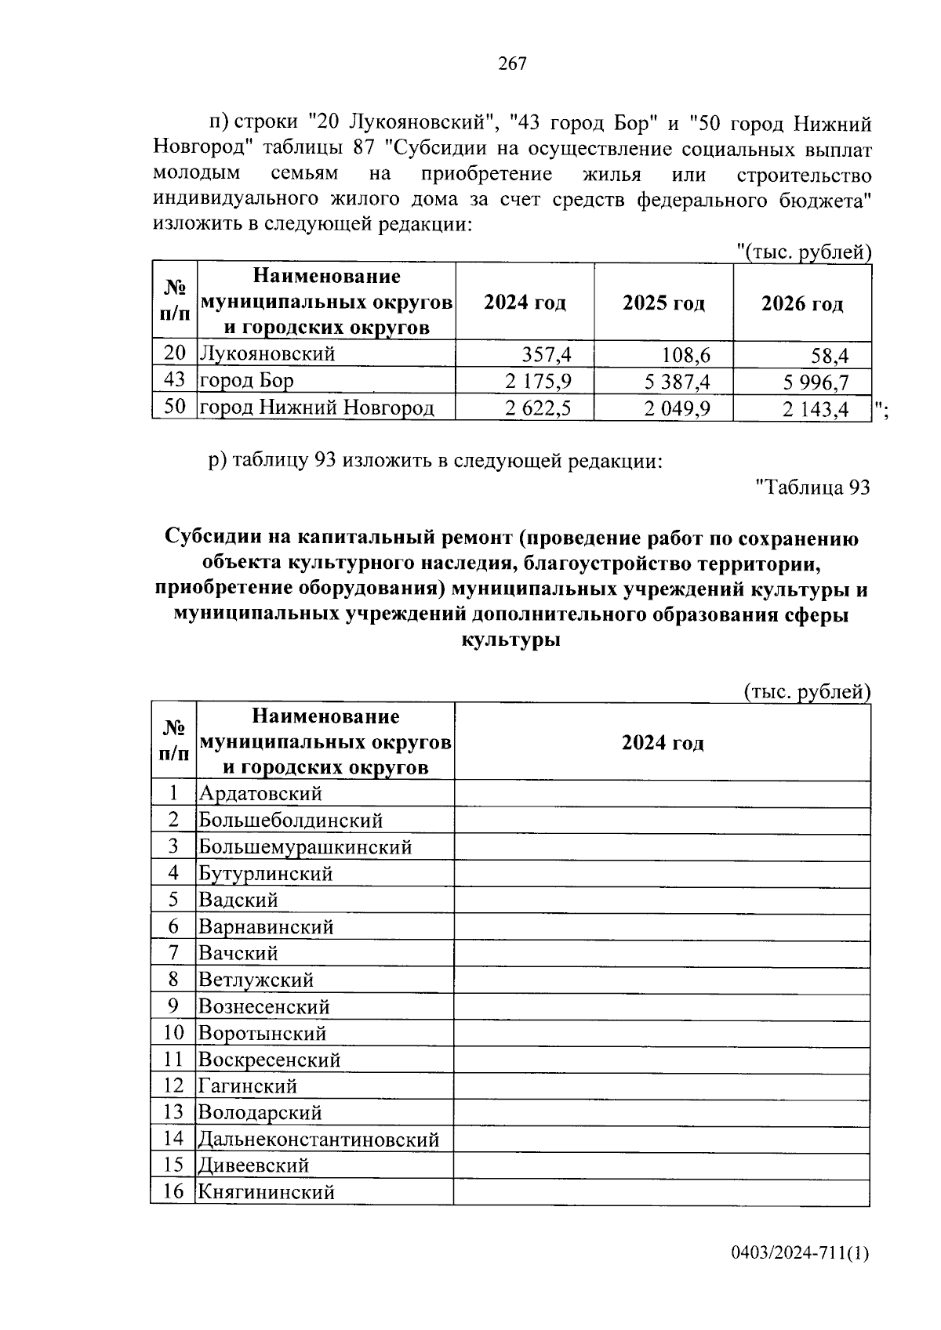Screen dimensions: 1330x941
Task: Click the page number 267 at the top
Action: pos(512,64)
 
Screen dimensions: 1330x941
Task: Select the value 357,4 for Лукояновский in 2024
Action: pos(547,355)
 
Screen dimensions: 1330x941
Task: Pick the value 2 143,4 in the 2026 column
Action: pos(815,409)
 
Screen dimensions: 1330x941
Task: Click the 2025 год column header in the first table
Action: pos(663,303)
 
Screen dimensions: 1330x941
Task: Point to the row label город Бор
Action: pos(246,381)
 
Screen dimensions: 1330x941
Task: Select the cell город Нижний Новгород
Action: pos(316,408)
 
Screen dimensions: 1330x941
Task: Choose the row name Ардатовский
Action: pos(260,793)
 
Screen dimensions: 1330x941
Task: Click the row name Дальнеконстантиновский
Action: pos(318,1139)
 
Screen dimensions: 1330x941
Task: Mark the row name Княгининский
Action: pos(267,1192)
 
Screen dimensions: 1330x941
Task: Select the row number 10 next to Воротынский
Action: pos(173,1033)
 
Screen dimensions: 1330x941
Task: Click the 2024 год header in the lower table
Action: pos(663,743)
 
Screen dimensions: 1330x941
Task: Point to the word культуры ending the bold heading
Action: pos(511,640)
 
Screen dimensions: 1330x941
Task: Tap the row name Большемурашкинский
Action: pos(305,846)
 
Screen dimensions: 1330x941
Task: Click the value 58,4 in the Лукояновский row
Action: pos(830,357)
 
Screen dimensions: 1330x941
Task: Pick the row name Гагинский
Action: pos(248,1086)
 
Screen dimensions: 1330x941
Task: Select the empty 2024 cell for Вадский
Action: pos(663,901)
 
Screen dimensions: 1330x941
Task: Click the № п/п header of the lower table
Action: pos(173,741)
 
